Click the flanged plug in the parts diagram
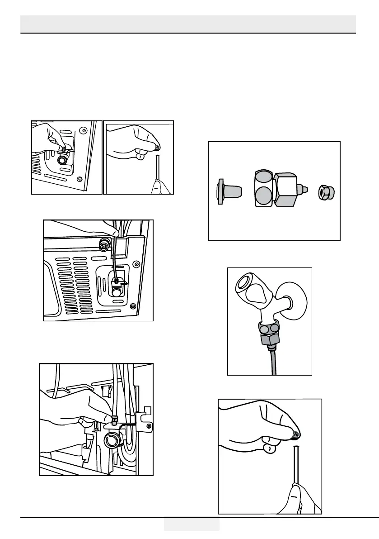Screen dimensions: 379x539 click(227, 191)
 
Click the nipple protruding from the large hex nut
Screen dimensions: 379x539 click(305, 188)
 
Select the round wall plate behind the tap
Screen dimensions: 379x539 click(294, 299)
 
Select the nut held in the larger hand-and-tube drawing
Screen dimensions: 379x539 click(295, 435)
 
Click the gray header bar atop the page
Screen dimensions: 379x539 click(188, 24)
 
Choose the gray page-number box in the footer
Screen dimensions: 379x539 click(192, 524)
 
